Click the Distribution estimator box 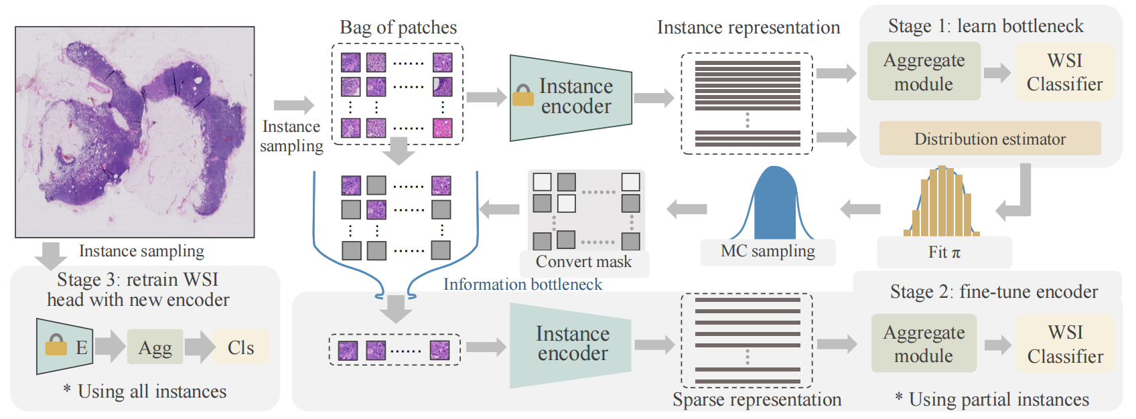point(989,139)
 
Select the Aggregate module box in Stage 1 point(924,72)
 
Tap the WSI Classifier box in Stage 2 point(1065,344)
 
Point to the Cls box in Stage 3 point(240,347)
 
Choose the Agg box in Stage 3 point(155,347)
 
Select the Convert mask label point(583,262)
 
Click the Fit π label point(944,252)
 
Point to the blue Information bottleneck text point(522,284)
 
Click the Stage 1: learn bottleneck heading point(985,26)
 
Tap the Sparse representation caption point(757,400)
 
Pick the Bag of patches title point(398,27)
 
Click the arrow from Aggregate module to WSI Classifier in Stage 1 point(997,72)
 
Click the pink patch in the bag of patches point(442,128)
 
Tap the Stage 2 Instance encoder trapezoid point(571,344)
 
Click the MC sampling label point(768,252)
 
